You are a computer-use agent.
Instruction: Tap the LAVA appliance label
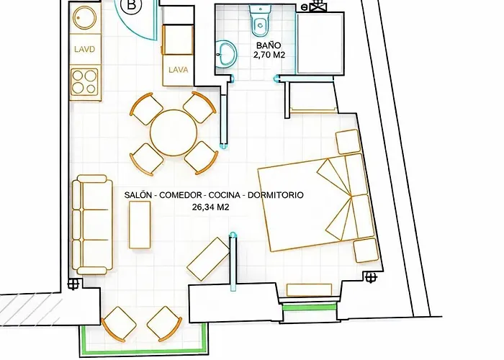click(178, 70)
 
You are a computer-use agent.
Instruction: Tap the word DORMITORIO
click(276, 195)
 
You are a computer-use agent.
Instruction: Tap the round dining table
click(173, 132)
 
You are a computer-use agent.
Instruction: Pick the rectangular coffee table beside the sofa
click(139, 224)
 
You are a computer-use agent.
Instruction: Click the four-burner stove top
click(85, 81)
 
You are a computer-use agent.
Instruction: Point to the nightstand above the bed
click(348, 141)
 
